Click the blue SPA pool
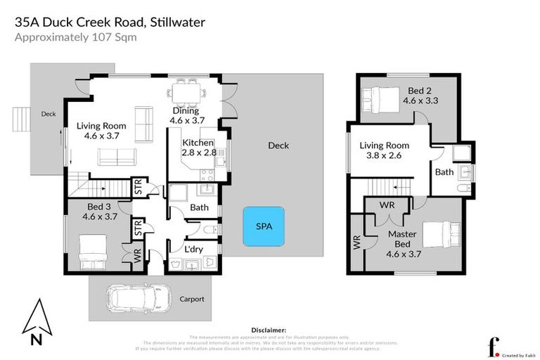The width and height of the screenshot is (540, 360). point(264,226)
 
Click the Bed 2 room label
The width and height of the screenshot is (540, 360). point(420,95)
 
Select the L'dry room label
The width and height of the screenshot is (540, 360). point(193,249)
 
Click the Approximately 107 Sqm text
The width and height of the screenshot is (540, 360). point(75,38)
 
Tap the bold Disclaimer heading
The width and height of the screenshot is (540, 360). point(269,329)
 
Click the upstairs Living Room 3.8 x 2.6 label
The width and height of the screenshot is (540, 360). point(384,150)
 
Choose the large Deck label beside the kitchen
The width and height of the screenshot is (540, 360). point(278,146)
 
